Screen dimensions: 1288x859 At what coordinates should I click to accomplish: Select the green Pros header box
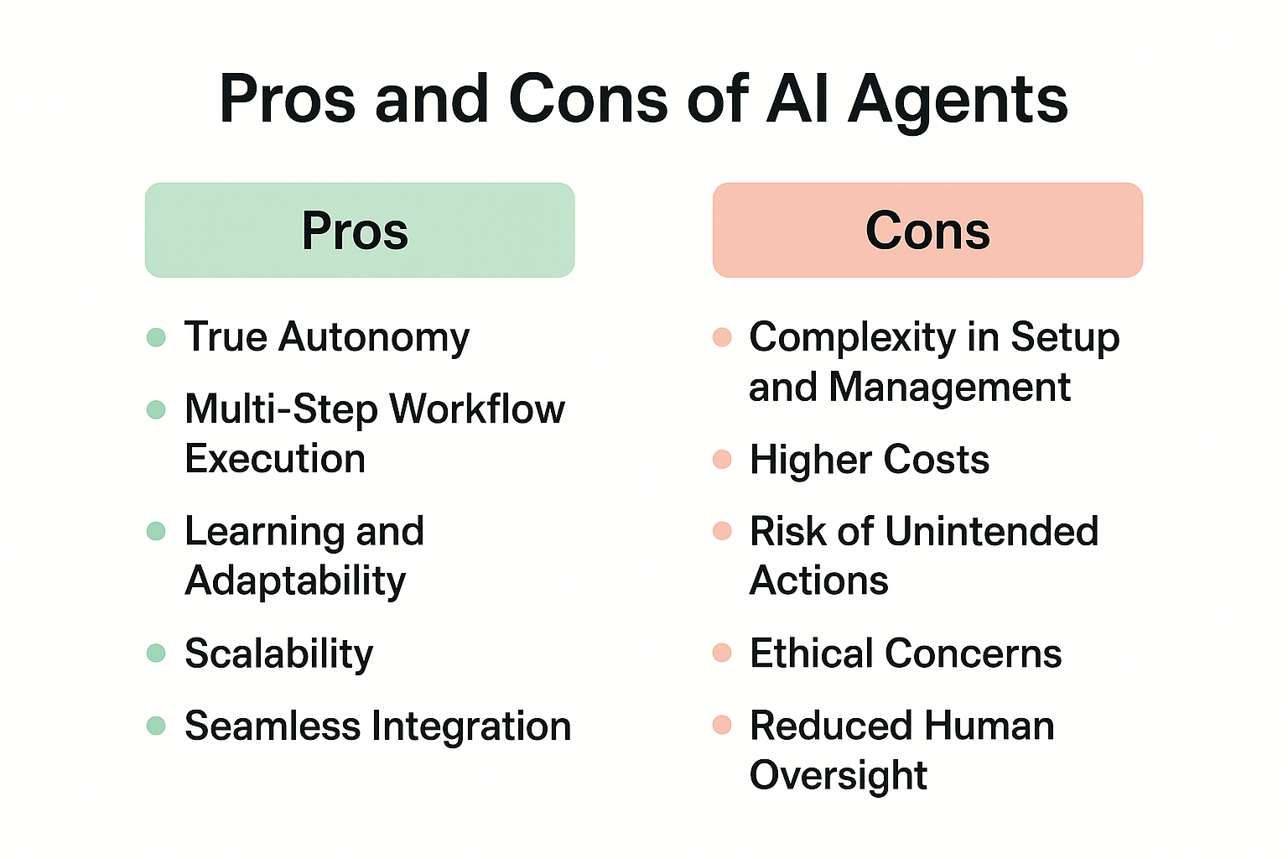click(360, 230)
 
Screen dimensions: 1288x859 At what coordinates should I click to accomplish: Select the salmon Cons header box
click(927, 230)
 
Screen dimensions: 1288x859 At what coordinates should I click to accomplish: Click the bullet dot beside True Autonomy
click(156, 337)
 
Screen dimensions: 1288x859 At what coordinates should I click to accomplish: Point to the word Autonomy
click(374, 338)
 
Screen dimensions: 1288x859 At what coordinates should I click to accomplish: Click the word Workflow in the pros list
click(477, 409)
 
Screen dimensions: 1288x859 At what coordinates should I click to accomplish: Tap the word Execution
click(275, 459)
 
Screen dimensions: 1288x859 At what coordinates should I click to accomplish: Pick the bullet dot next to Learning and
click(156, 531)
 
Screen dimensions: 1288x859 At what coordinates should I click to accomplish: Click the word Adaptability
click(295, 581)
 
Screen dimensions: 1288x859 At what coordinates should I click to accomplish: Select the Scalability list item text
click(279, 654)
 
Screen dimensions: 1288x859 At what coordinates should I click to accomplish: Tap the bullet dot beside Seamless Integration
click(156, 726)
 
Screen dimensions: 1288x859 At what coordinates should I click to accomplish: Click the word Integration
click(471, 726)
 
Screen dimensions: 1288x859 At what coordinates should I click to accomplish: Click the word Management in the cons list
click(949, 388)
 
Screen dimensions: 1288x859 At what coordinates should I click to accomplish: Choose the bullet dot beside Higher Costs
click(722, 460)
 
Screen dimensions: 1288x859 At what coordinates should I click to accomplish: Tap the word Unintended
click(992, 530)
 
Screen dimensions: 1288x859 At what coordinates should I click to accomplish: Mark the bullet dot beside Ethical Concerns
click(722, 653)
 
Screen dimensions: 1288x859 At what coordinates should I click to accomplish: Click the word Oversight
click(839, 776)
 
